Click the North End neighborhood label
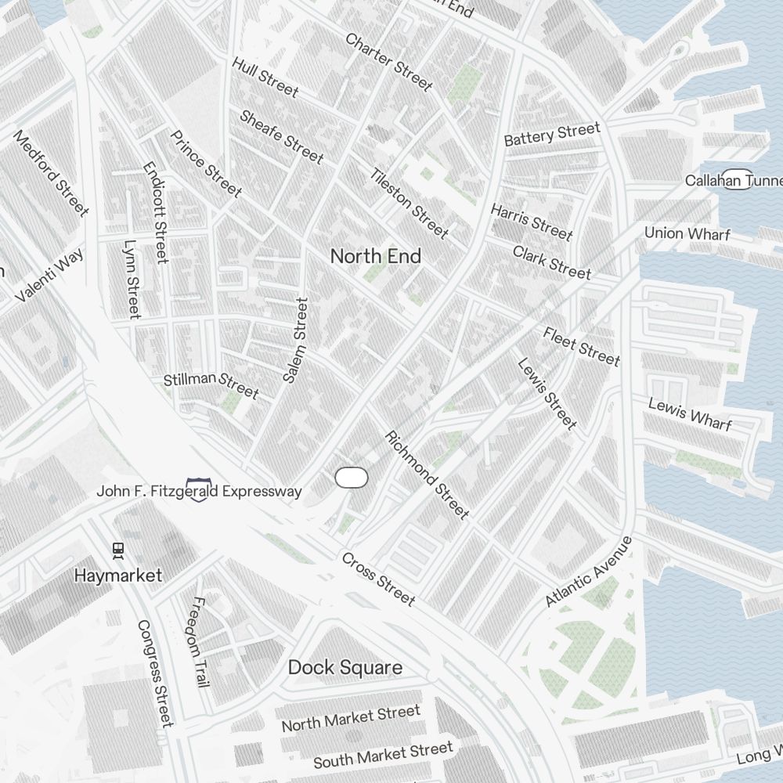[x=375, y=256]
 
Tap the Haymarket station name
[x=118, y=576]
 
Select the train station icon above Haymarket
[x=118, y=550]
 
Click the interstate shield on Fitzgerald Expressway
[x=198, y=490]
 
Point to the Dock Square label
[x=345, y=667]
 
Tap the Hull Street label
[x=265, y=77]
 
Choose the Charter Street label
[x=388, y=61]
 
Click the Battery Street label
[x=552, y=134]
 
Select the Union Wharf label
[x=687, y=233]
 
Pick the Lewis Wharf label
[x=690, y=414]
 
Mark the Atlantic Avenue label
[x=588, y=572]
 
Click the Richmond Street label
[x=427, y=475]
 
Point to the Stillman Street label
[x=211, y=384]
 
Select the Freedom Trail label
[x=200, y=642]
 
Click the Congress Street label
[x=154, y=673]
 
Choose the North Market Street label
[x=351, y=718]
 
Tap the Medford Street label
[x=52, y=173]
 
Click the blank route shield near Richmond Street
[x=352, y=478]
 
